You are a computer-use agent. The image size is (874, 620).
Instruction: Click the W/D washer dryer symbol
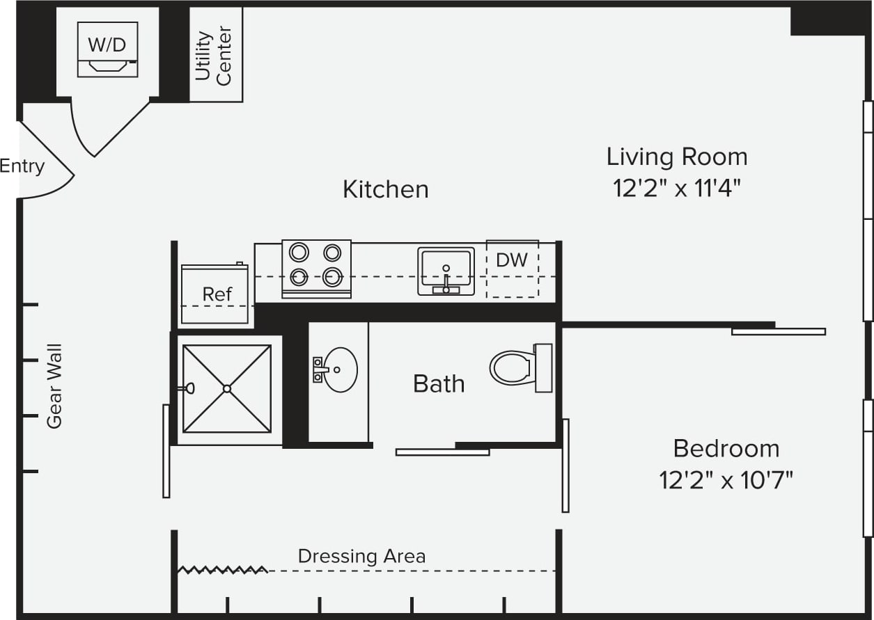[x=108, y=49]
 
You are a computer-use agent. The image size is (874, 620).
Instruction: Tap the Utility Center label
[x=213, y=56]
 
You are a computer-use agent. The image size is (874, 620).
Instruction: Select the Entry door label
[x=22, y=166]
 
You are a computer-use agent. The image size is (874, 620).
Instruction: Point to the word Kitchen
[x=386, y=189]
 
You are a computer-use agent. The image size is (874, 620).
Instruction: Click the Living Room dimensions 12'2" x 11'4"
[x=677, y=189]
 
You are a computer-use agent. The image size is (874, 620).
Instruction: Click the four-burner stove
[x=316, y=269]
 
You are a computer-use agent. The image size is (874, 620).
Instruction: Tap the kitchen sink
[x=446, y=271]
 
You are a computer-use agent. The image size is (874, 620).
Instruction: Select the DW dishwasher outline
[x=513, y=269]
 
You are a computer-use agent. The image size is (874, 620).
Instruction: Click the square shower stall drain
[x=227, y=389]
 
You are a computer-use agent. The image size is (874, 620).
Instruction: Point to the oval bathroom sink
[x=341, y=369]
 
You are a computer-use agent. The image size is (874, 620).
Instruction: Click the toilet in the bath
[x=521, y=368]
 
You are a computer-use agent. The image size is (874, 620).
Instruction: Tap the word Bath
[x=439, y=384]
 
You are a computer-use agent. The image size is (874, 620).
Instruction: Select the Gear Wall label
[x=54, y=386]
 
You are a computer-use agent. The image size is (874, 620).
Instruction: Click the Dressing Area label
[x=361, y=557]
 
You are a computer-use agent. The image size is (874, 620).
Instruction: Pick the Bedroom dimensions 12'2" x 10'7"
[x=726, y=480]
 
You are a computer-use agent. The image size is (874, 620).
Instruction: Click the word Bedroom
[x=726, y=448]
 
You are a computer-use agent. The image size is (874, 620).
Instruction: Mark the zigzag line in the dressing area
[x=223, y=570]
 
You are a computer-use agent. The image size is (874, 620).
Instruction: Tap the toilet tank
[x=543, y=368]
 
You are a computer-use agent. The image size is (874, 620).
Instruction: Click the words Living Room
[x=677, y=157]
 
